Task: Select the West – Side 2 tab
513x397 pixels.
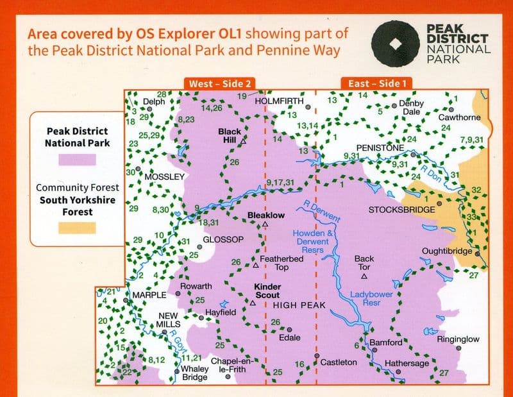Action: (218, 83)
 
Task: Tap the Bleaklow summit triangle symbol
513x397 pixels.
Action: (265, 225)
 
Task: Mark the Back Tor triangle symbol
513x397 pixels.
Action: (364, 276)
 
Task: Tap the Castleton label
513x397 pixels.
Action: (338, 362)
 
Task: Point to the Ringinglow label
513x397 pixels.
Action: (458, 339)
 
